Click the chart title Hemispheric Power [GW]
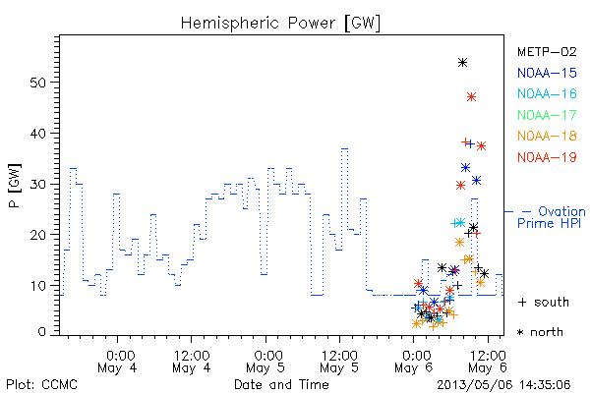(280, 24)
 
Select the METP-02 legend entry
(547, 51)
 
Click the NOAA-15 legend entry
(547, 73)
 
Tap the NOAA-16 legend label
(547, 93)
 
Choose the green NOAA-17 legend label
(547, 115)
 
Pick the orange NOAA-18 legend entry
(547, 136)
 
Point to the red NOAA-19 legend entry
(547, 157)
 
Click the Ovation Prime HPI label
(552, 217)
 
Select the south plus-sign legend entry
(544, 302)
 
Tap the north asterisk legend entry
(540, 332)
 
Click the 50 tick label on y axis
(37, 83)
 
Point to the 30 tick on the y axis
(37, 185)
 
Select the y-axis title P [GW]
(15, 186)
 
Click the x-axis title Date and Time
(281, 385)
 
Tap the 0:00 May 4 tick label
(117, 362)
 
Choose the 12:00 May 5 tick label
(340, 362)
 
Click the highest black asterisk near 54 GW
(463, 63)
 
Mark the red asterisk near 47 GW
(471, 97)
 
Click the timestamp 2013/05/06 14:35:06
(503, 385)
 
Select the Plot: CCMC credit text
(42, 385)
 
